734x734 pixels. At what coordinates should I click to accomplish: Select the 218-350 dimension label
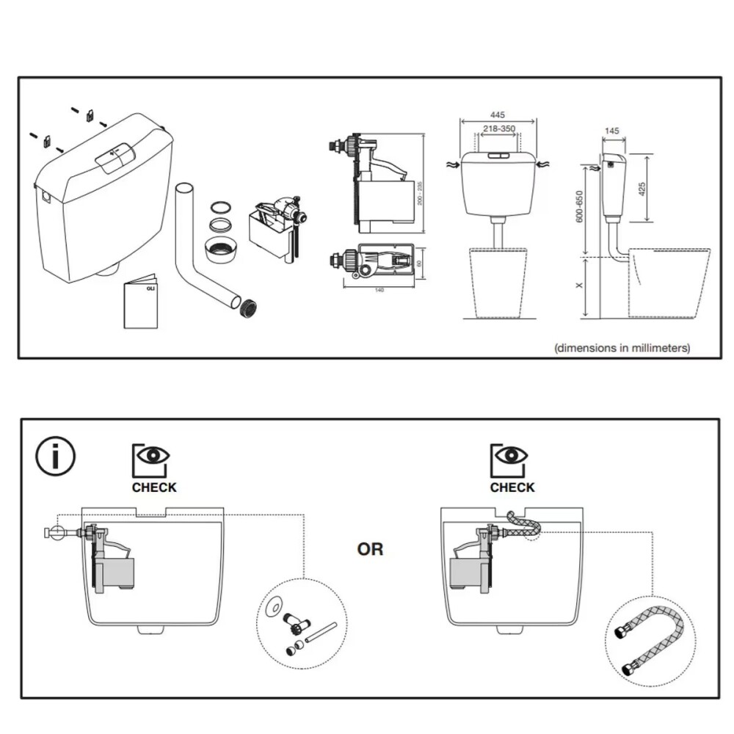click(x=498, y=129)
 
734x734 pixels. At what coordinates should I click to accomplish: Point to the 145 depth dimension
click(x=611, y=131)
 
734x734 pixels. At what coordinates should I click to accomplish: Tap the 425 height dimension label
click(x=642, y=188)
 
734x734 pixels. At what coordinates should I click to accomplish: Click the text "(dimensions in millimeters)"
click(x=622, y=348)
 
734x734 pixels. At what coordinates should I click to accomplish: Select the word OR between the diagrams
click(x=370, y=549)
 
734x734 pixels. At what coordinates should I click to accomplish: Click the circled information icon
click(x=56, y=457)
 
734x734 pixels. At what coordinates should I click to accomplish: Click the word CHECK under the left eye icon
click(x=154, y=487)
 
